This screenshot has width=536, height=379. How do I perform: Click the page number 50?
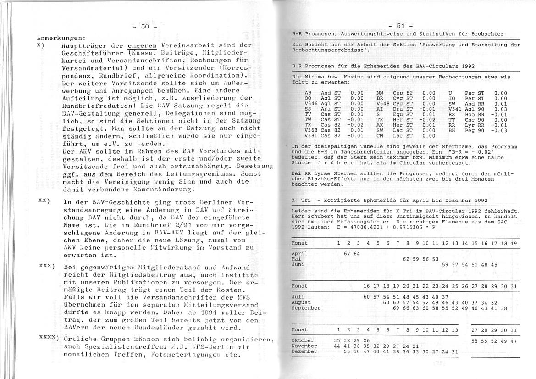[144, 27]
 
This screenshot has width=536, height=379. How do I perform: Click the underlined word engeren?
[142, 45]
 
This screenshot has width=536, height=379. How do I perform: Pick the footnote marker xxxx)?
[49, 338]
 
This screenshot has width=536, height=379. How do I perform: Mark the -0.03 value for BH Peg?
[500, 131]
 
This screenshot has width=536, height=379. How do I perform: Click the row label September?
[306, 308]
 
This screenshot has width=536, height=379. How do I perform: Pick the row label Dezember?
[304, 351]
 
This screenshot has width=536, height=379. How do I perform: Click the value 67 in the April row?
[347, 253]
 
